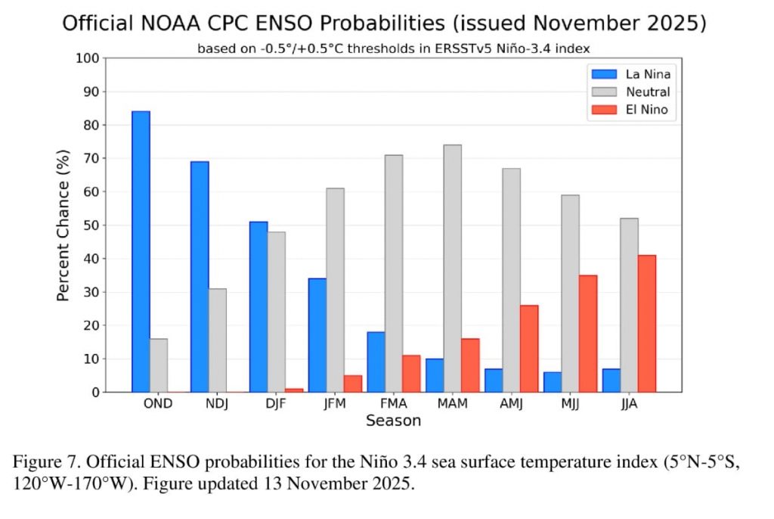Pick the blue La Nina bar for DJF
pyautogui.click(x=259, y=306)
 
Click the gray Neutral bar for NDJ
pyautogui.click(x=217, y=340)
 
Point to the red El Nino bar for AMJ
pyautogui.click(x=528, y=348)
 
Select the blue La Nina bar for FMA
pyautogui.click(x=376, y=362)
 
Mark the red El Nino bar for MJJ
pyautogui.click(x=587, y=333)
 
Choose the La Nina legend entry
pyautogui.click(x=627, y=74)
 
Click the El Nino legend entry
pyautogui.click(x=627, y=110)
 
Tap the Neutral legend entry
pyautogui.click(x=627, y=92)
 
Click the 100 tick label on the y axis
pyautogui.click(x=88, y=58)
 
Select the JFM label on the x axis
pyautogui.click(x=334, y=403)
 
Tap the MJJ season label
pyautogui.click(x=570, y=403)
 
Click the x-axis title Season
pyautogui.click(x=393, y=421)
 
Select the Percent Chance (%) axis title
pyautogui.click(x=64, y=225)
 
